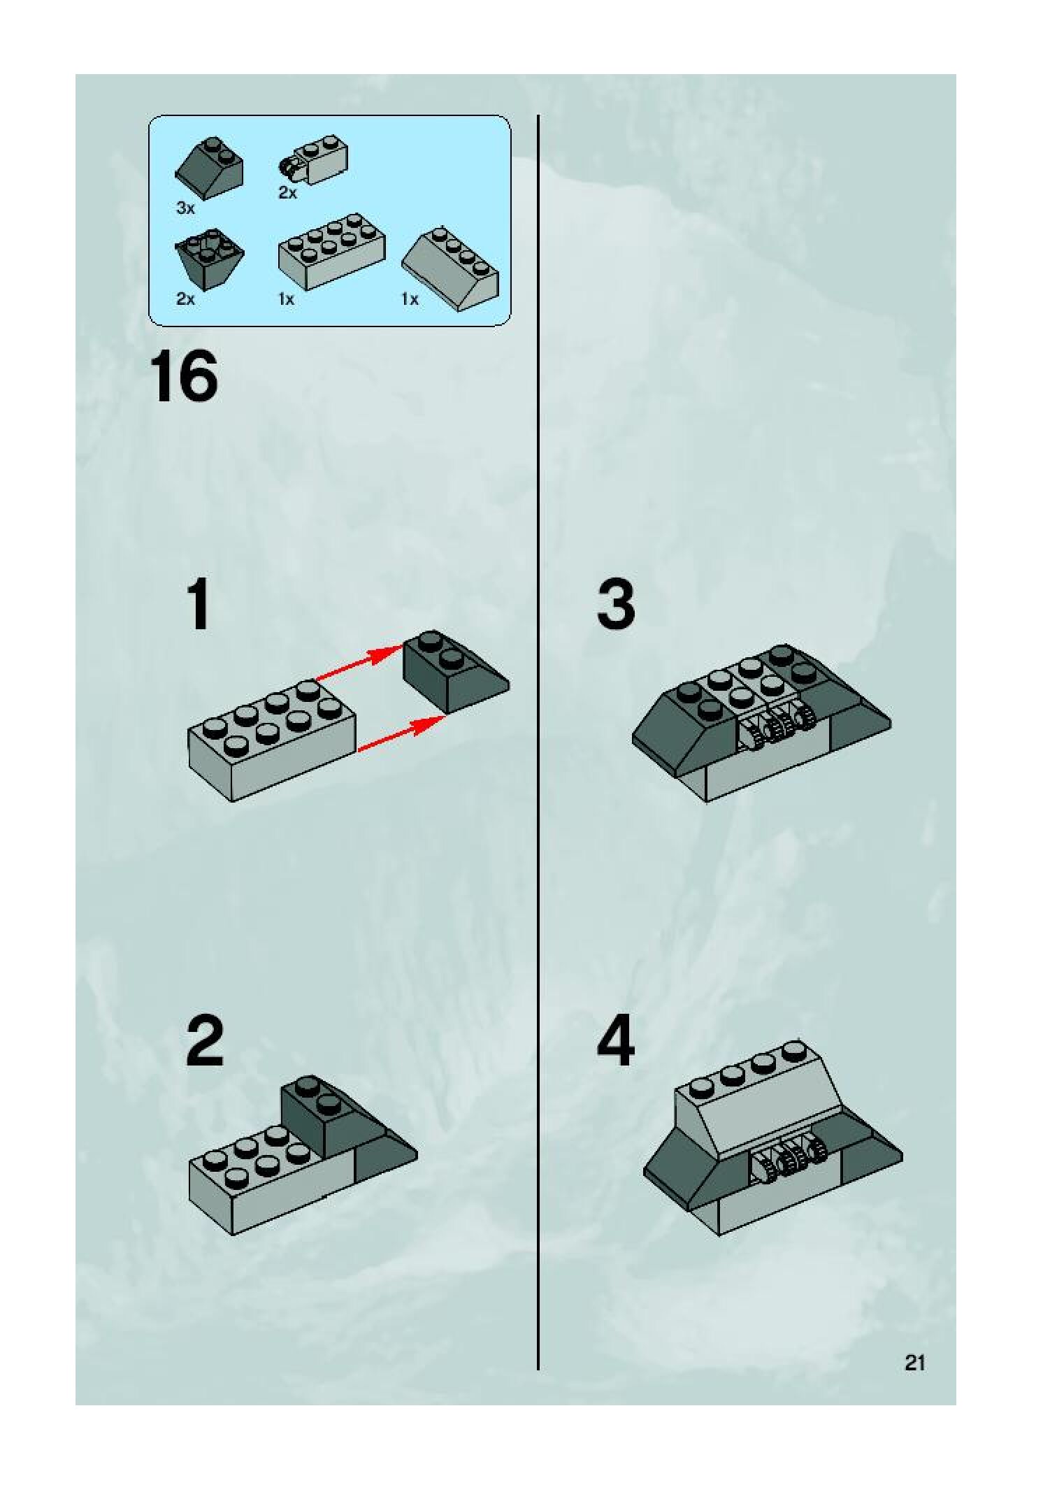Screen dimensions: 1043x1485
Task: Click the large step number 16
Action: click(x=183, y=378)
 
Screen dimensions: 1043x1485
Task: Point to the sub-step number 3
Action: click(x=616, y=604)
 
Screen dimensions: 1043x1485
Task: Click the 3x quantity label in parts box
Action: click(x=185, y=208)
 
